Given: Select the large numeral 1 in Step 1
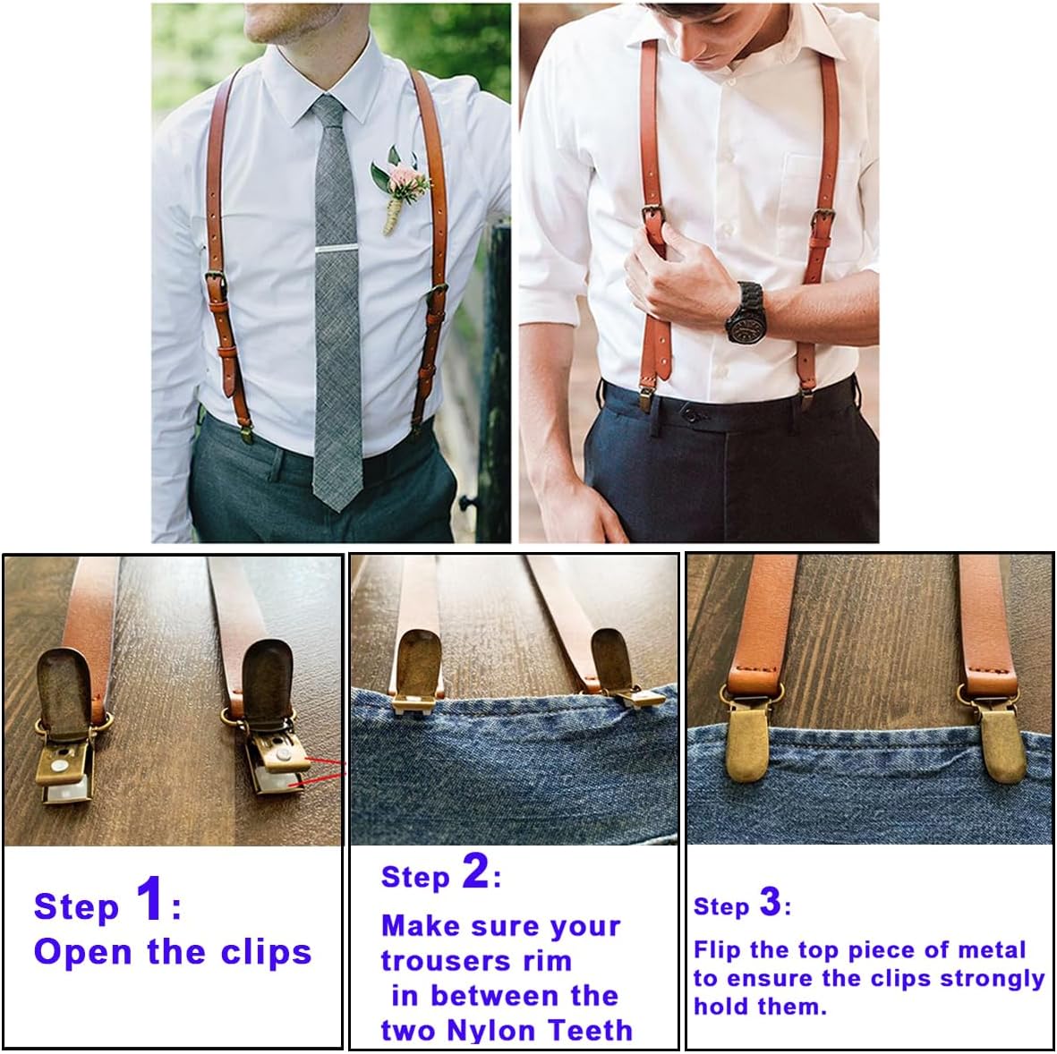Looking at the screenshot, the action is pos(149,897).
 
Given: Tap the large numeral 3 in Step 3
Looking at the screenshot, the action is pos(771,902).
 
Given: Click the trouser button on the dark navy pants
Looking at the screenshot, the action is pos(688,412).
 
